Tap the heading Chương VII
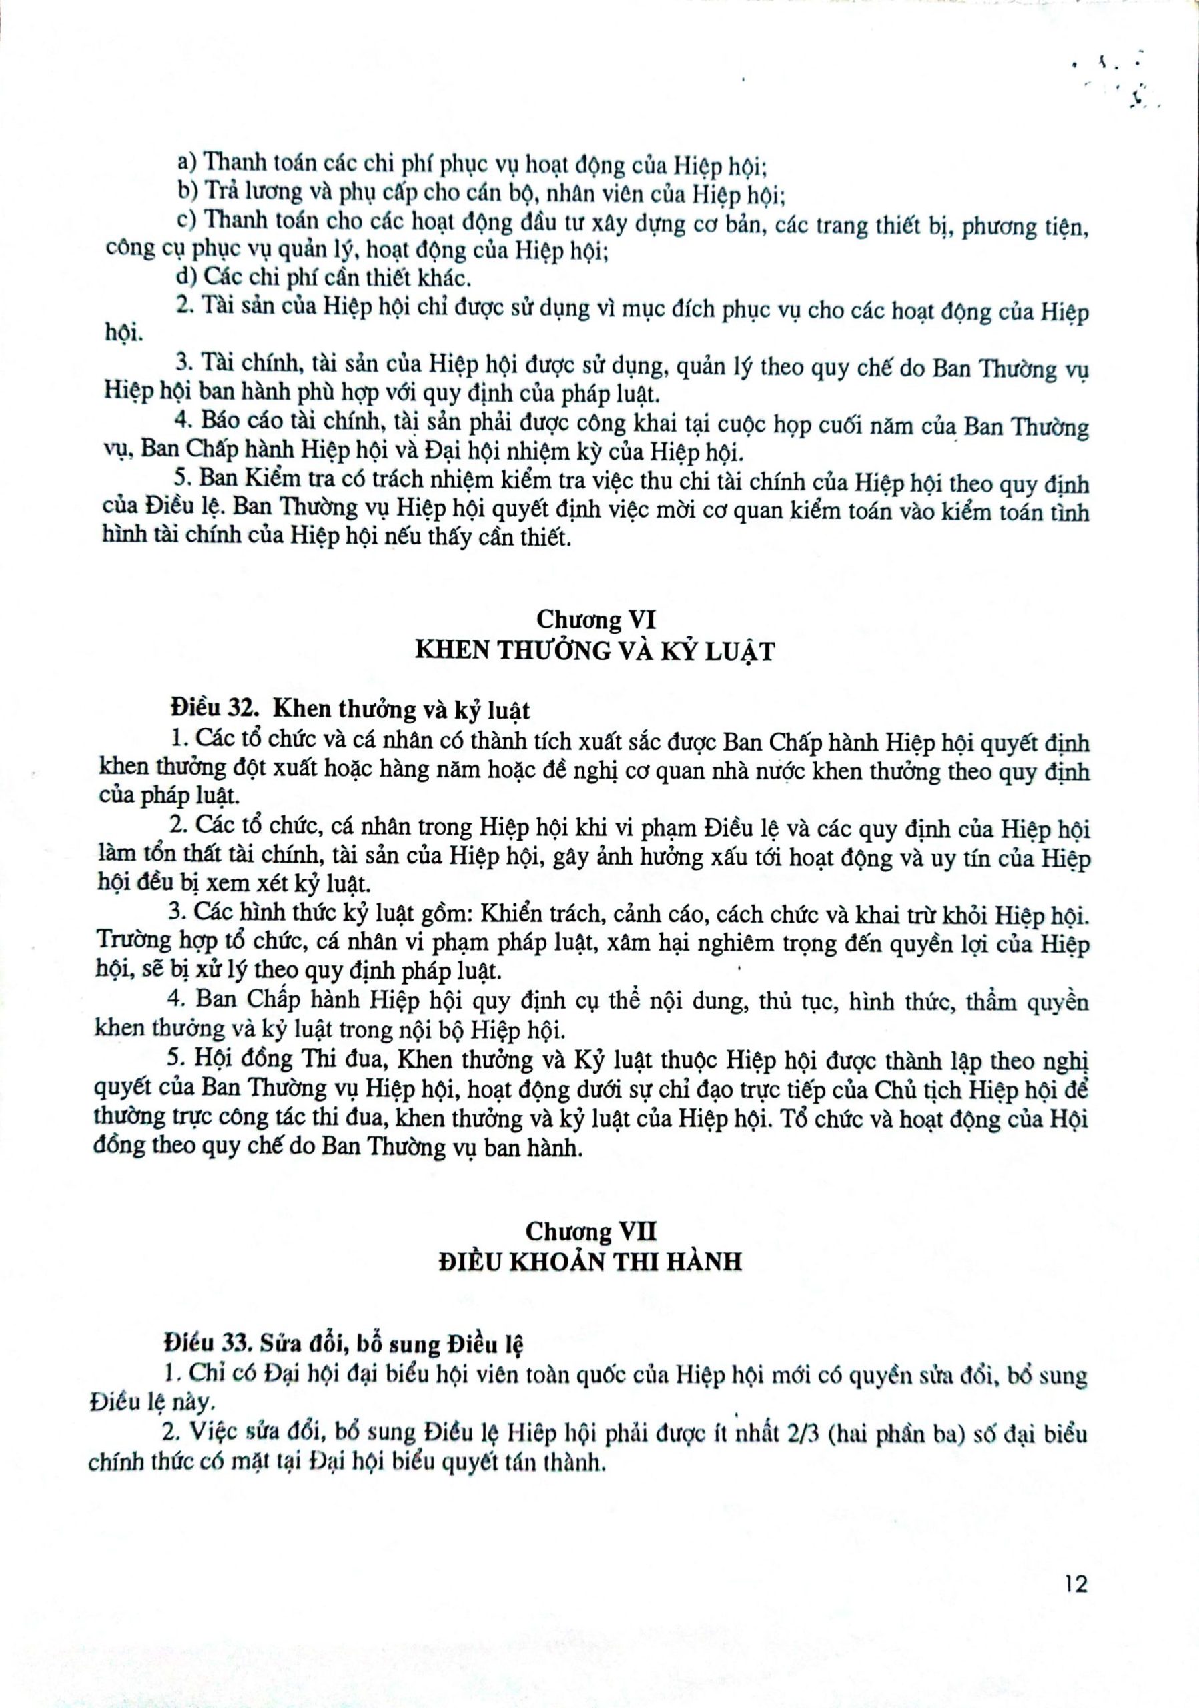pyautogui.click(x=591, y=1231)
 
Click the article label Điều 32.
pyautogui.click(x=208, y=710)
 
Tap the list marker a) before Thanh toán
pyautogui.click(x=187, y=161)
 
